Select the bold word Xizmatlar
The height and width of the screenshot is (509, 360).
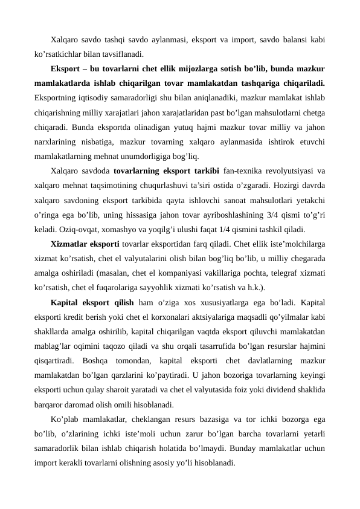72,244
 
